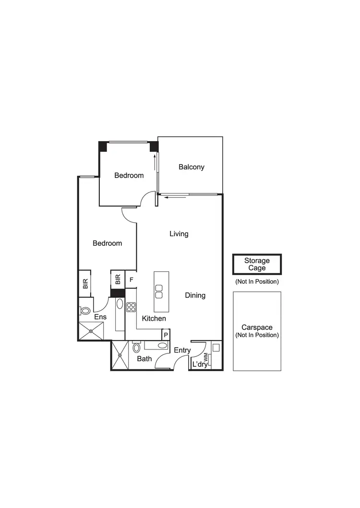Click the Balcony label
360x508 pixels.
(x=192, y=167)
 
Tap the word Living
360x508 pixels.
(x=179, y=234)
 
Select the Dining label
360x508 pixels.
(x=195, y=295)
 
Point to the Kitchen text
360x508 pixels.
(x=154, y=318)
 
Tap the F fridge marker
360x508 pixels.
(x=131, y=279)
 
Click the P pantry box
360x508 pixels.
(x=166, y=335)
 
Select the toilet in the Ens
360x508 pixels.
(x=85, y=311)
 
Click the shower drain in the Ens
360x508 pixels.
(x=91, y=331)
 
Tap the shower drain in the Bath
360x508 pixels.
(x=120, y=356)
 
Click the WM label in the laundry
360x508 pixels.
(x=206, y=357)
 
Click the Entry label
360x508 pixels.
(x=182, y=351)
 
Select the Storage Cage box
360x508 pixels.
(x=257, y=265)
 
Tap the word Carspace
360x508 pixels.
(x=257, y=327)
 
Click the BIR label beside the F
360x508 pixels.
(x=117, y=279)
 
